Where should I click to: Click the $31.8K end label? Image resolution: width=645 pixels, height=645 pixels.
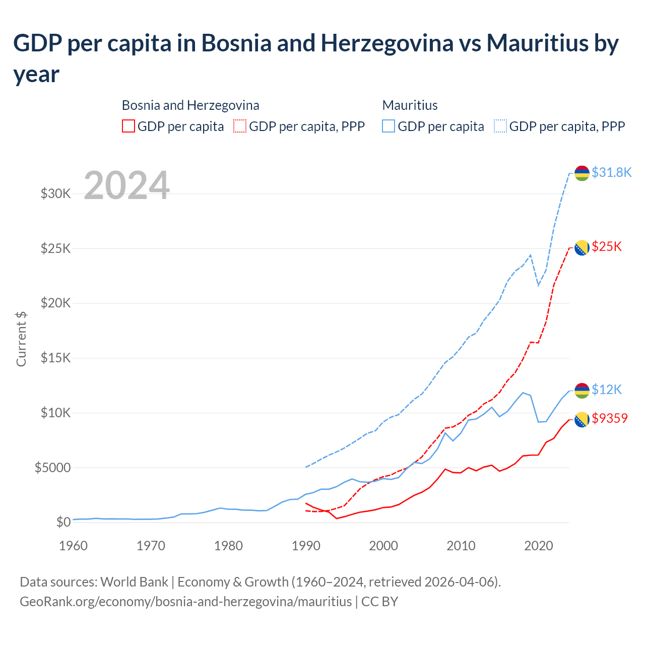pyautogui.click(x=611, y=173)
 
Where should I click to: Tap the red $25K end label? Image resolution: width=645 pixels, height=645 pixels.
pyautogui.click(x=607, y=246)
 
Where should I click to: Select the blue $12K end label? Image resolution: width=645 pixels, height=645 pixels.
pyautogui.click(x=607, y=390)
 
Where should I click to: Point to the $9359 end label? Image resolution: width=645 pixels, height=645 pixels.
pyautogui.click(x=610, y=418)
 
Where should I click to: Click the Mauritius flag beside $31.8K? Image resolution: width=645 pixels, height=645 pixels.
pyautogui.click(x=582, y=173)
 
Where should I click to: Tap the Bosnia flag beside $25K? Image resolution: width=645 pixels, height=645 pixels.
pyautogui.click(x=582, y=247)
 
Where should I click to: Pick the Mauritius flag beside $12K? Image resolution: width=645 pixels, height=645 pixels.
pyautogui.click(x=582, y=390)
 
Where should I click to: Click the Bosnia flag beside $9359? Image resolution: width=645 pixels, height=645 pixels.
pyautogui.click(x=582, y=419)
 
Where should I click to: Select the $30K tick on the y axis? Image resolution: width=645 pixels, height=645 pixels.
pyautogui.click(x=55, y=193)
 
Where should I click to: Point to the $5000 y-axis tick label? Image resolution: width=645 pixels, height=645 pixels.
pyautogui.click(x=52, y=468)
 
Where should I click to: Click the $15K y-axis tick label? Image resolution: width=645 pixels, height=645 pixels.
pyautogui.click(x=55, y=358)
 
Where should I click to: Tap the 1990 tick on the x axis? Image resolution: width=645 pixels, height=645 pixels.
pyautogui.click(x=306, y=546)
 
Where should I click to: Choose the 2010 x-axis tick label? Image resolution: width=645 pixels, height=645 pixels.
pyautogui.click(x=461, y=546)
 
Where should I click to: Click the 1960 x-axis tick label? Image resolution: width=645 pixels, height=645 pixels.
pyautogui.click(x=74, y=546)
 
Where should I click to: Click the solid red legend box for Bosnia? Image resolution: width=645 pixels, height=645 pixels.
pyautogui.click(x=128, y=126)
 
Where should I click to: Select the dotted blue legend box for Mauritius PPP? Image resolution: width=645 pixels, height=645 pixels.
pyautogui.click(x=500, y=126)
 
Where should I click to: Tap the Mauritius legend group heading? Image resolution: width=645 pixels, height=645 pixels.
pyautogui.click(x=410, y=105)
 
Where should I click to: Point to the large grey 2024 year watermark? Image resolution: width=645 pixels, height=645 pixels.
pyautogui.click(x=126, y=186)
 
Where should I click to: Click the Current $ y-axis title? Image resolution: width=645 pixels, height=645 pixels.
pyautogui.click(x=21, y=339)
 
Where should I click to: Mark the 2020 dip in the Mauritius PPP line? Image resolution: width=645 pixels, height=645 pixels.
pyautogui.click(x=538, y=285)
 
